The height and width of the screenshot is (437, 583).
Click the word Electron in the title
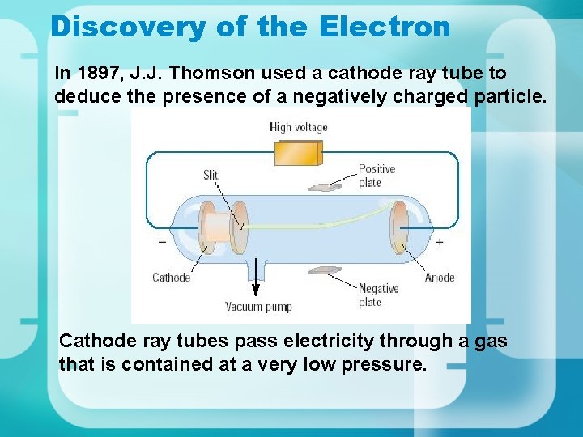385,27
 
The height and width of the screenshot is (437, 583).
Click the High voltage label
299,127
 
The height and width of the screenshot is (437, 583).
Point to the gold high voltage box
298,152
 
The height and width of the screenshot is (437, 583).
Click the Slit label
211,175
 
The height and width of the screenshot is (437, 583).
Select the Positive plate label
377,176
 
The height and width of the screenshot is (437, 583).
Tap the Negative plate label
378,295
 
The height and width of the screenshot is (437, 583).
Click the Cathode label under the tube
172,278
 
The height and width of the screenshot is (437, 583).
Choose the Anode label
440,278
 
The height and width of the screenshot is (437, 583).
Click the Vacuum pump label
258,307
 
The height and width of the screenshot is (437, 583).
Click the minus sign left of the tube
162,242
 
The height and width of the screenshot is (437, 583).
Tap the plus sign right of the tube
439,241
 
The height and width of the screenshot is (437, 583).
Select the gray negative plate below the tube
324,270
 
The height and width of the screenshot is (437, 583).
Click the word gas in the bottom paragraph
491,342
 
